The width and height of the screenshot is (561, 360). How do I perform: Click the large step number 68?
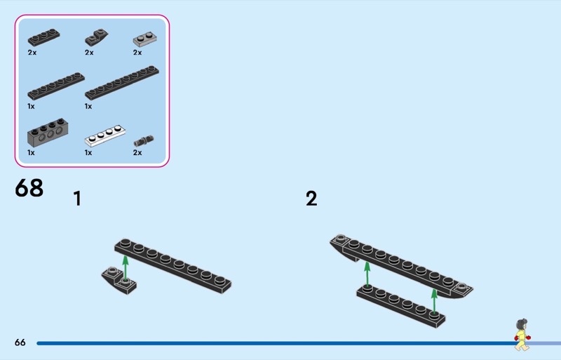click(29, 188)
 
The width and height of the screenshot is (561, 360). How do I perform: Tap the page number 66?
click(20, 342)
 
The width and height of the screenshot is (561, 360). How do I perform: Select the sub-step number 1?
click(77, 199)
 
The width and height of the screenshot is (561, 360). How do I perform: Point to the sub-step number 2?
click(311, 199)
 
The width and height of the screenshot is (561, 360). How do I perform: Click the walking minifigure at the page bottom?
click(521, 335)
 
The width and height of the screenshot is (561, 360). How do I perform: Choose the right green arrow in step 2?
click(434, 300)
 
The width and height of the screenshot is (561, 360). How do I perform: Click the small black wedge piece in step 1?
click(120, 281)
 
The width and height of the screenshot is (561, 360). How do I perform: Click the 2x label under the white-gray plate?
click(137, 53)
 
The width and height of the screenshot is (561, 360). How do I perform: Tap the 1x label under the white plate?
click(89, 152)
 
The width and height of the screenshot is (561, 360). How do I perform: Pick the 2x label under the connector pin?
click(137, 152)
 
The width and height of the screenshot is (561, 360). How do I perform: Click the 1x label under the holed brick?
click(32, 152)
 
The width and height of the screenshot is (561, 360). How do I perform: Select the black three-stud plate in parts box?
click(43, 36)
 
